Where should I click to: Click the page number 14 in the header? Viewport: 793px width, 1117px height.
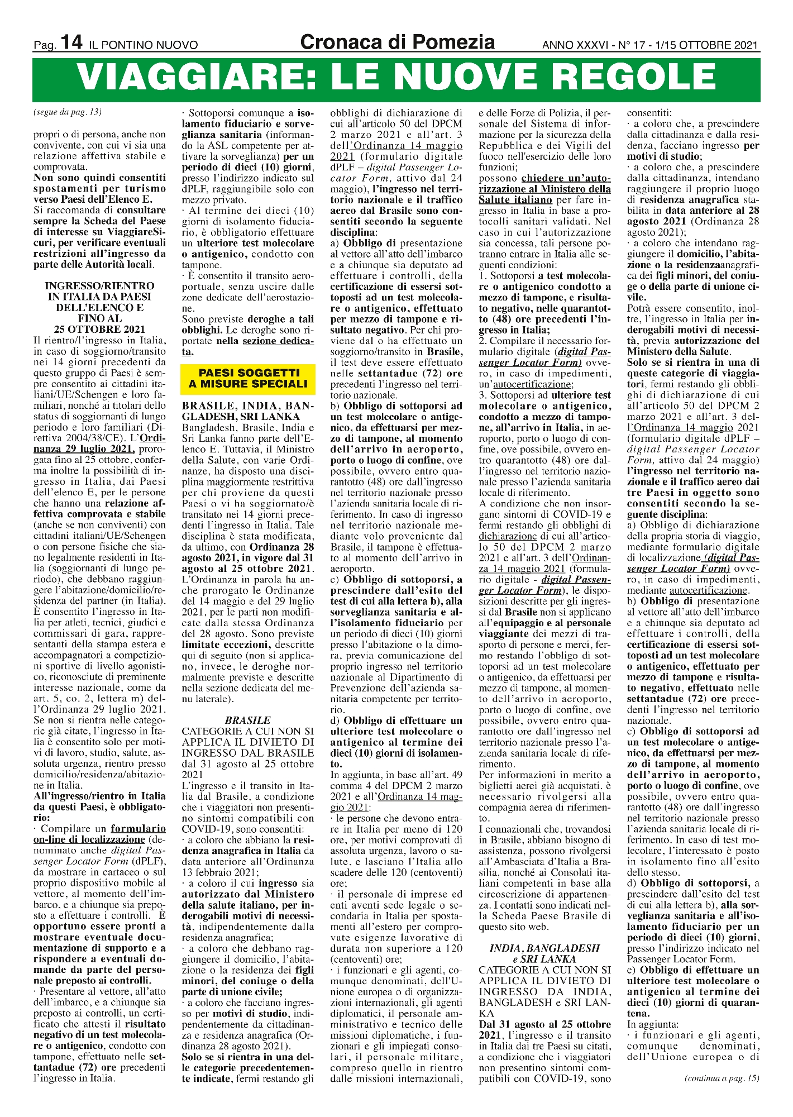click(72, 42)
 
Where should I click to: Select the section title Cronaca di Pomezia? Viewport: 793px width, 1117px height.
click(397, 42)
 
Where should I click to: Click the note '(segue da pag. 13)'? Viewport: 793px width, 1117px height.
click(68, 112)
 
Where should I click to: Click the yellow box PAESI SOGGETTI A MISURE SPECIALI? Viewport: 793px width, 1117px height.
click(248, 378)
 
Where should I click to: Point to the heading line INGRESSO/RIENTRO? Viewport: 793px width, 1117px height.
click(99, 286)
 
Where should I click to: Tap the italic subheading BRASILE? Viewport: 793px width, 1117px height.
click(247, 720)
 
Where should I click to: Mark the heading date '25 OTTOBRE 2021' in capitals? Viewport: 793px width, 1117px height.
click(99, 330)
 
